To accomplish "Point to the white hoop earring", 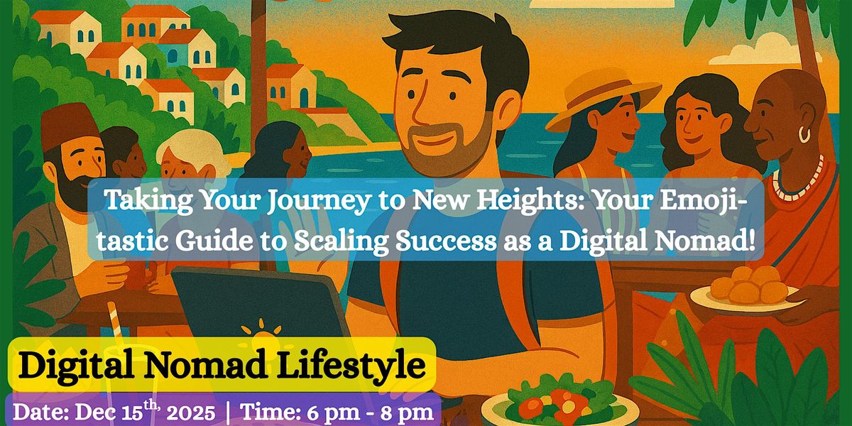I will click(804, 133).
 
